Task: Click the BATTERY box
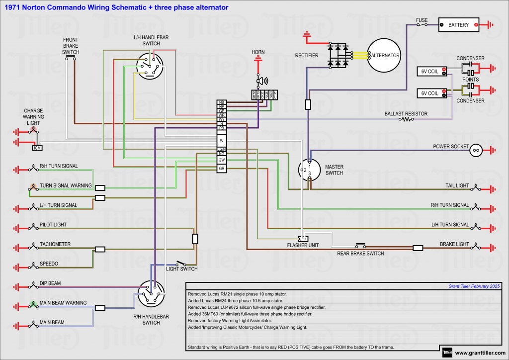pyautogui.click(x=458, y=25)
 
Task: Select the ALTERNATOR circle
pyautogui.click(x=383, y=55)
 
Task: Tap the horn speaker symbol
pyautogui.click(x=260, y=81)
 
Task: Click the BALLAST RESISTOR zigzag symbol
pyautogui.click(x=408, y=119)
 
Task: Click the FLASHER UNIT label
pyautogui.click(x=303, y=245)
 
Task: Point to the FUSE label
pyautogui.click(x=422, y=20)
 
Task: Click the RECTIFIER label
pyautogui.click(x=307, y=55)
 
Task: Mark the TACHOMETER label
pyautogui.click(x=55, y=244)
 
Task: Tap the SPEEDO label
pyautogui.click(x=49, y=264)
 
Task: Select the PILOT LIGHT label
pyautogui.click(x=53, y=225)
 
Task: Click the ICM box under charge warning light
pyautogui.click(x=37, y=148)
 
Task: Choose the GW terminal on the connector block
pyautogui.click(x=222, y=160)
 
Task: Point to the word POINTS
pyautogui.click(x=471, y=79)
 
